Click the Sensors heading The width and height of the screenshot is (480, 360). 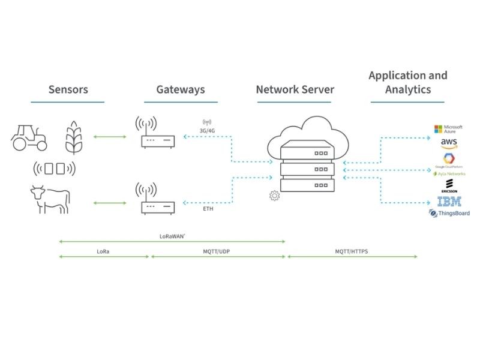[x=68, y=89]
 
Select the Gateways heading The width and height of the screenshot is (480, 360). [x=180, y=89]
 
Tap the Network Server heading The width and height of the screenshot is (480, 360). [x=295, y=89]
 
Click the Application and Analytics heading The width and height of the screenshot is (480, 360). [x=407, y=82]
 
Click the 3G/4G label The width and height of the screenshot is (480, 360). [x=208, y=129]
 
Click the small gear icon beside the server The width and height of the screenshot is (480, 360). [x=274, y=195]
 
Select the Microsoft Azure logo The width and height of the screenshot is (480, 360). [x=449, y=130]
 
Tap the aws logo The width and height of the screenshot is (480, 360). [x=449, y=143]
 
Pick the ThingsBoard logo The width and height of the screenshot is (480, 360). [x=449, y=213]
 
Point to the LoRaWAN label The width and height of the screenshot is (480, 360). [x=172, y=236]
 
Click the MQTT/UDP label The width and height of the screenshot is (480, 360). [x=216, y=251]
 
